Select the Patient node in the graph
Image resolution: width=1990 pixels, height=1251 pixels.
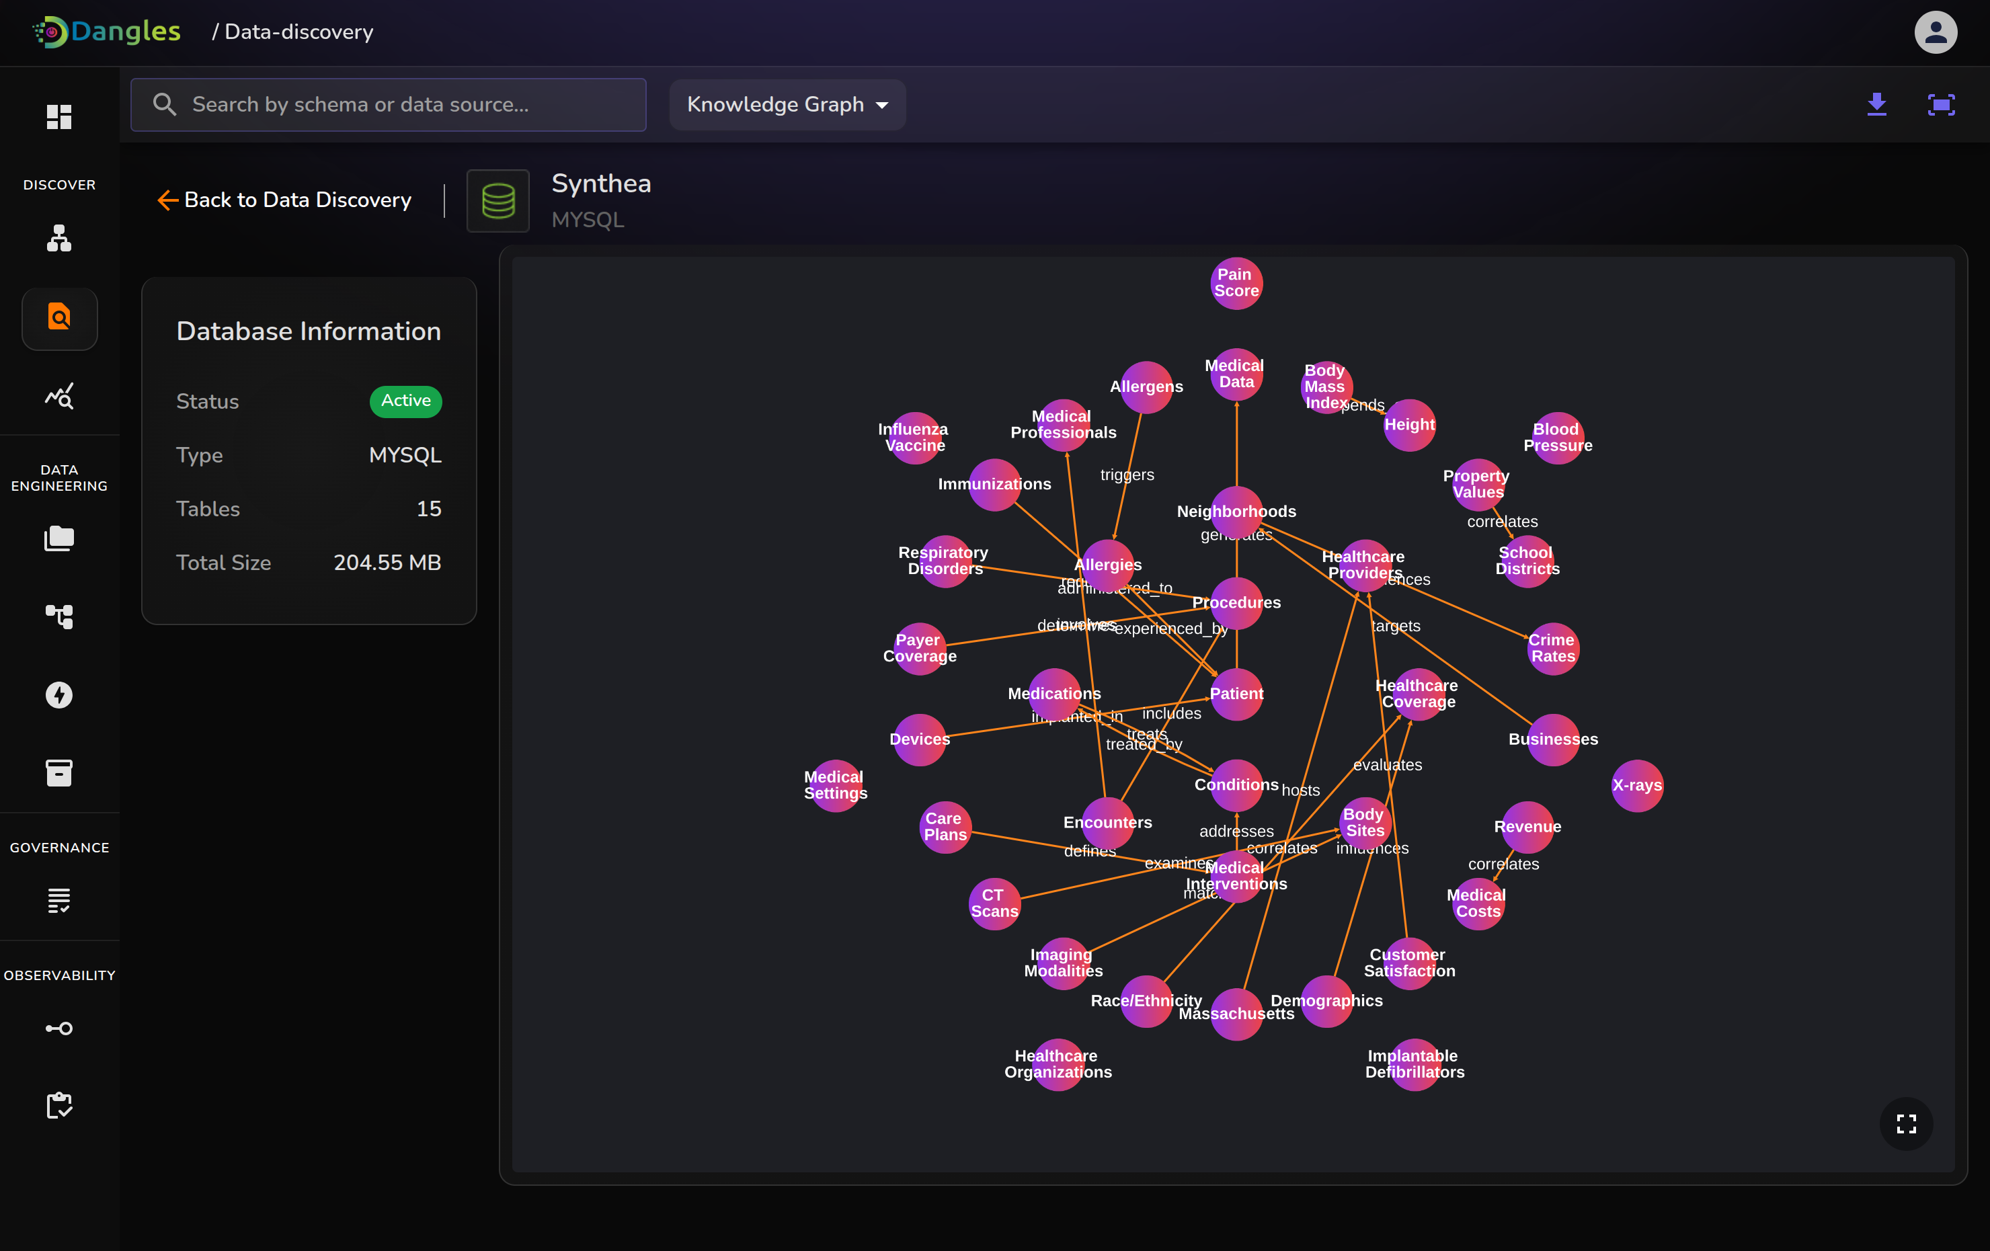coord(1236,694)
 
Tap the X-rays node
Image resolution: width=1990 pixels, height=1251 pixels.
coord(1637,786)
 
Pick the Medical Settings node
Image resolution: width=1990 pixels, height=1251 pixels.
coord(836,786)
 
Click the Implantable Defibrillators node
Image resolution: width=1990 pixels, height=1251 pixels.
coord(1415,1064)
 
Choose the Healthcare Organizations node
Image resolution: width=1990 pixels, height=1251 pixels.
coord(1058,1064)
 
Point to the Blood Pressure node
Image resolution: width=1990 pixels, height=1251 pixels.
coord(1558,438)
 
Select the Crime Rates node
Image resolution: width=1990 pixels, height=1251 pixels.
coord(1553,649)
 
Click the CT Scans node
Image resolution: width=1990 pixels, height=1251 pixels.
coord(994,904)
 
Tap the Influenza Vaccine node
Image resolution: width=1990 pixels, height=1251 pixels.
coord(914,438)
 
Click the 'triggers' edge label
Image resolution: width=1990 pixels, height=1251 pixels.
coord(1127,475)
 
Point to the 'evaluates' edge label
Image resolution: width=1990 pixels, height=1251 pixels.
coord(1388,765)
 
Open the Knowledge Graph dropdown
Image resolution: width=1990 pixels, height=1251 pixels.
coord(787,105)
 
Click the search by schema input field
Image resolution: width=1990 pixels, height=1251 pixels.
coord(389,105)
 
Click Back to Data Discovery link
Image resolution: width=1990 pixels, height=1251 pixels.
coord(284,200)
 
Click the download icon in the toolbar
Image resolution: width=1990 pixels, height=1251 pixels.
coord(1877,105)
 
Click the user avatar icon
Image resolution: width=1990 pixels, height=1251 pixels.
coord(1936,32)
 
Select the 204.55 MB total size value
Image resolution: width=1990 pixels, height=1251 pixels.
coord(387,563)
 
